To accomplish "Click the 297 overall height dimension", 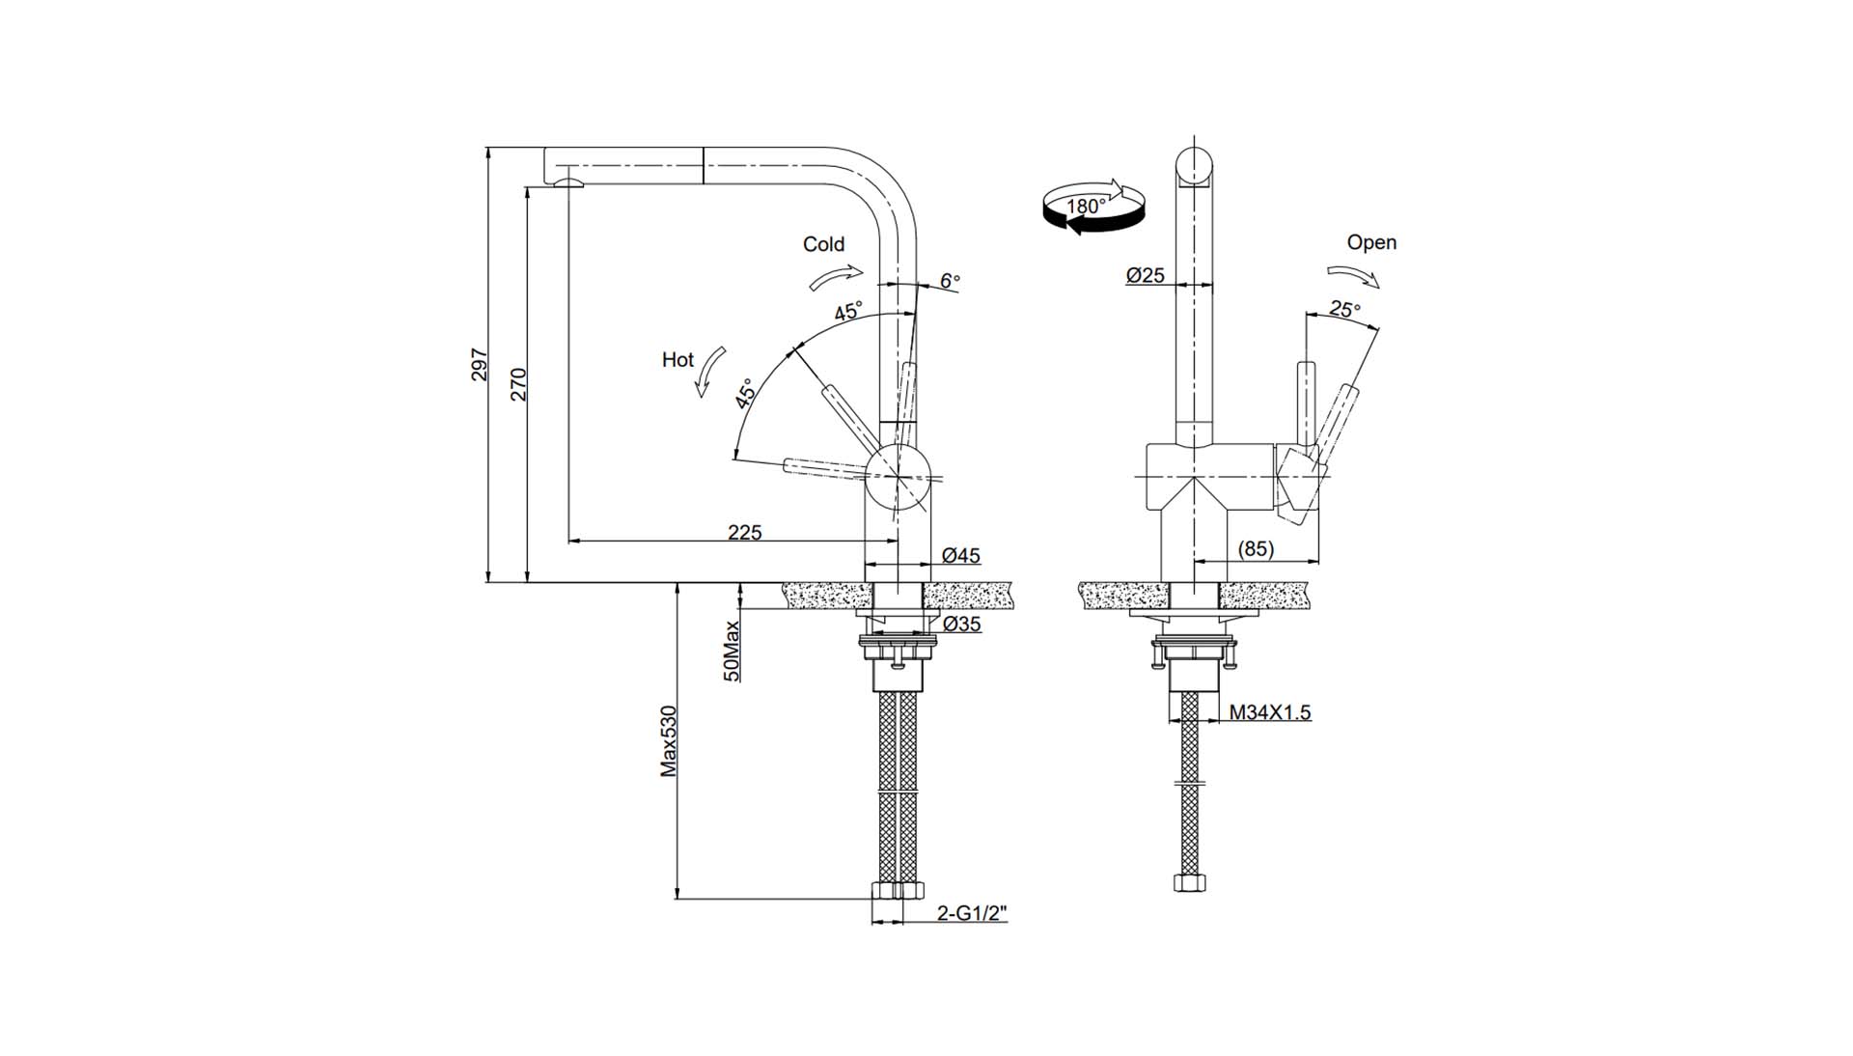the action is [x=480, y=365].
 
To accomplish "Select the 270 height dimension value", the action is [x=518, y=384].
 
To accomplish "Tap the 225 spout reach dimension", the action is [x=744, y=532].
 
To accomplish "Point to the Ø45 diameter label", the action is [x=961, y=555].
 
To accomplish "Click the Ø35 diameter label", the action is [x=961, y=624].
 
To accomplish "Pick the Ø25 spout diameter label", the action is [x=1146, y=275].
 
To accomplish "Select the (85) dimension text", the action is [x=1256, y=548].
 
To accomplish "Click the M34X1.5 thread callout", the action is [x=1270, y=712].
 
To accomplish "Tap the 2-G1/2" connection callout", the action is [x=973, y=912].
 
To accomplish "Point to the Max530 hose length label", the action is [x=669, y=741].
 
